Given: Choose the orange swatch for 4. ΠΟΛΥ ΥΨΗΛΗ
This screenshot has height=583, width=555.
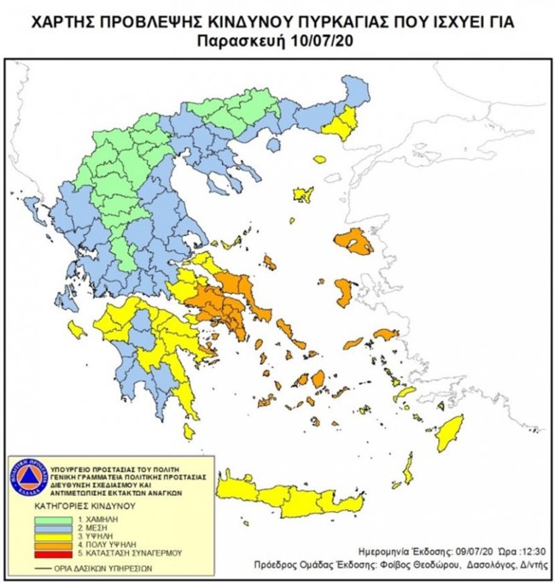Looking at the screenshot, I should tap(63, 552).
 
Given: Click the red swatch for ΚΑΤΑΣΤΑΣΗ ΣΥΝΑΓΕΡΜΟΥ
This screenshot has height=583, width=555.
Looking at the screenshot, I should tap(63, 562).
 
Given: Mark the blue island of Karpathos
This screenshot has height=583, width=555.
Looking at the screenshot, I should tap(407, 471).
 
